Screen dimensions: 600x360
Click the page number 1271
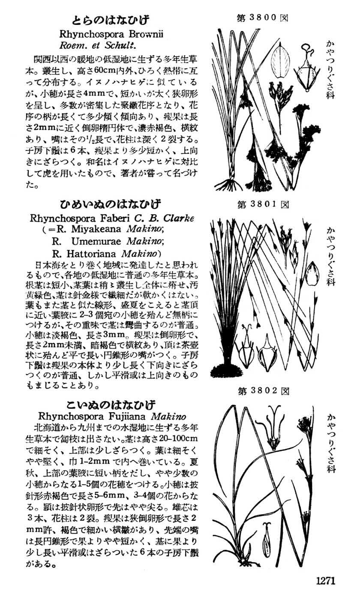[325, 581]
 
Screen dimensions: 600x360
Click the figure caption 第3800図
[262, 18]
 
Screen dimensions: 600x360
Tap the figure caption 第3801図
[263, 205]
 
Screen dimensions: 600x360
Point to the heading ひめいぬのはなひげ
[110, 204]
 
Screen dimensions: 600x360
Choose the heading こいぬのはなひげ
[111, 405]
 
